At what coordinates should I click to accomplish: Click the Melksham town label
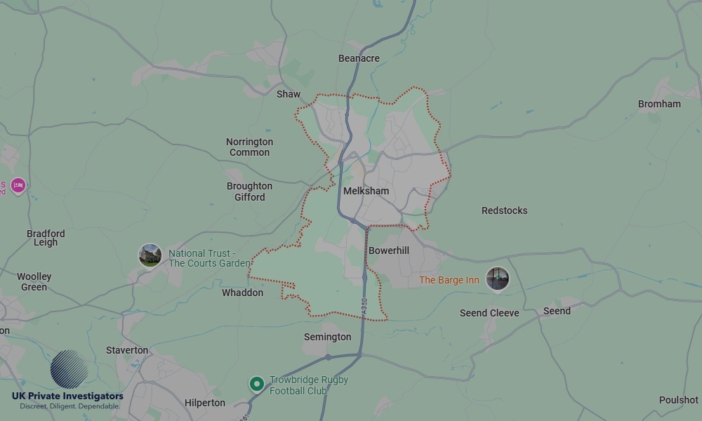366,191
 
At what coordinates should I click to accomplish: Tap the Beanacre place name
359,58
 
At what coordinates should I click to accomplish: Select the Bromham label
659,104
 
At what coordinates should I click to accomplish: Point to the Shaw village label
289,94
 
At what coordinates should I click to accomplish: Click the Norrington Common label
249,147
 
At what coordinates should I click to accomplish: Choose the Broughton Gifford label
249,192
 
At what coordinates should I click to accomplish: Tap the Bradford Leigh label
46,238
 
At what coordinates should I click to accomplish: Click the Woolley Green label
34,281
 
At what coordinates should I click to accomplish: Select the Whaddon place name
242,293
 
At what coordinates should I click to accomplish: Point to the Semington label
327,337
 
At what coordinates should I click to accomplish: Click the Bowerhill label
388,250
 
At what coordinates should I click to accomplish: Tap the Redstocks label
504,210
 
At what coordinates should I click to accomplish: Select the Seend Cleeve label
489,313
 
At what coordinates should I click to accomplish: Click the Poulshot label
678,400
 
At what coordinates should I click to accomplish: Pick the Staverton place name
127,350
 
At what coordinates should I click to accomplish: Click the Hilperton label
205,403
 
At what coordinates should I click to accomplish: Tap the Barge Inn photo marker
498,279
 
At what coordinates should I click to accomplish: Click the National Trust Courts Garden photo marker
150,255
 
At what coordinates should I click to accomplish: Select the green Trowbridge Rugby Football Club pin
257,384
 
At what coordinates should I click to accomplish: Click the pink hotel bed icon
18,185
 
